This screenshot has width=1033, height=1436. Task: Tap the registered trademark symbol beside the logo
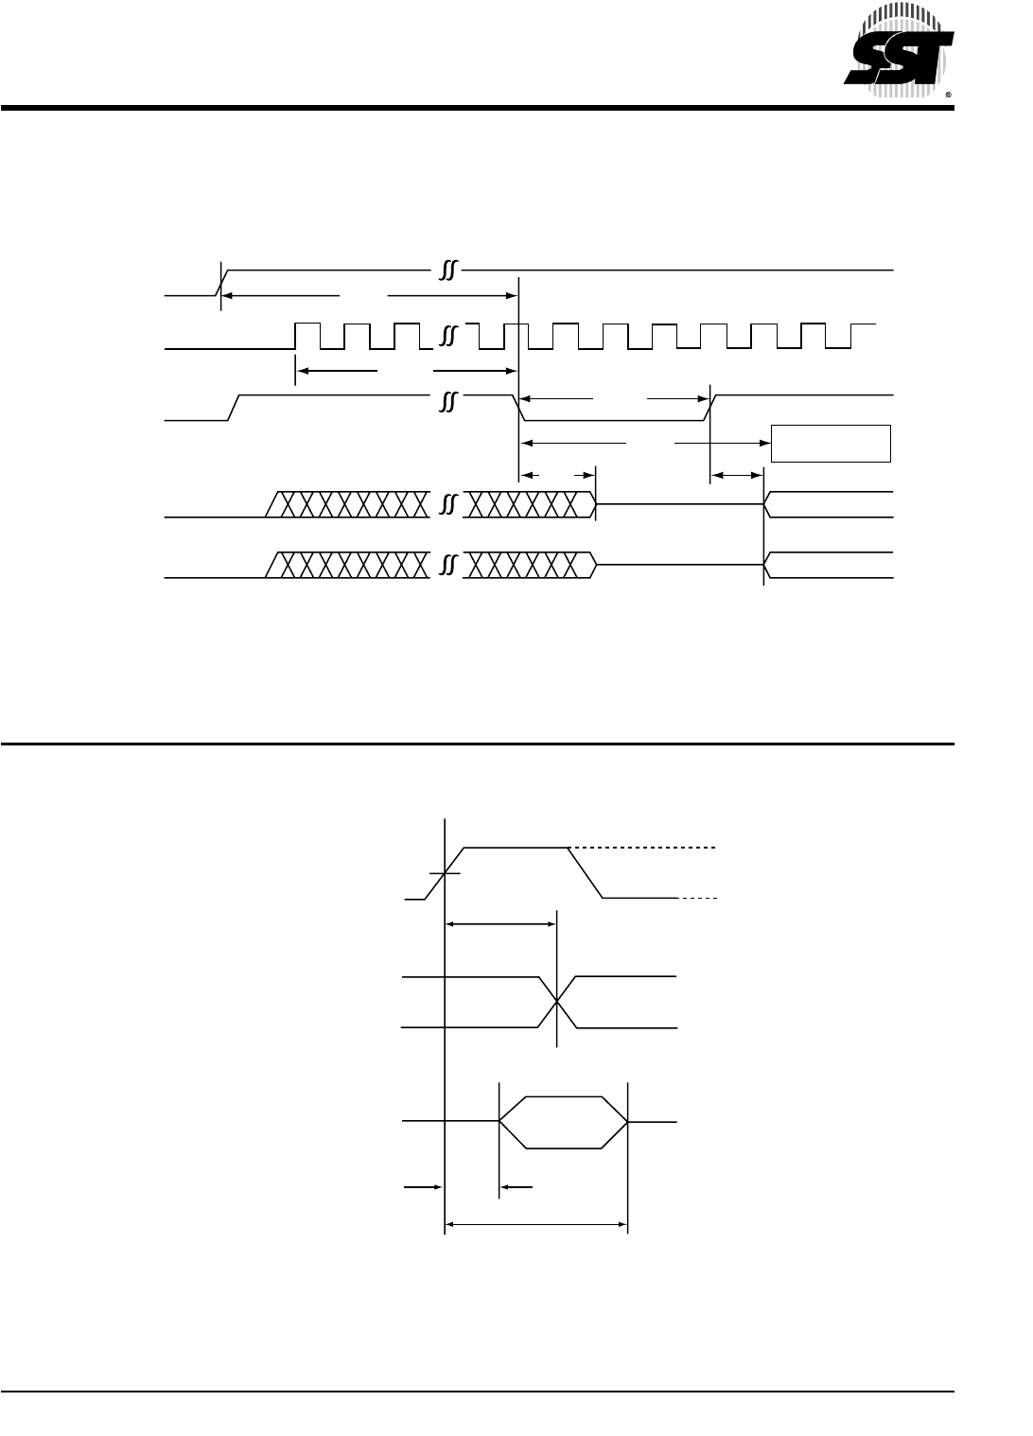coord(948,96)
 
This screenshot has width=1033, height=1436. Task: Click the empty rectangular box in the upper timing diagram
coord(831,443)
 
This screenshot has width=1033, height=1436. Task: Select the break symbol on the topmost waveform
coord(448,271)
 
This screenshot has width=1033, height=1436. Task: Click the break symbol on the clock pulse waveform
coord(448,337)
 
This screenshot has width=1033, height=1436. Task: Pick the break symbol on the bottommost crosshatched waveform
coord(448,565)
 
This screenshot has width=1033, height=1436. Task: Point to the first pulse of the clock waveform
coord(307,337)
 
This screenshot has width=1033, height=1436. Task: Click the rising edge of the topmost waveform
coord(220,282)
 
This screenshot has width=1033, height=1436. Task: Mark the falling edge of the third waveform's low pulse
coord(519,406)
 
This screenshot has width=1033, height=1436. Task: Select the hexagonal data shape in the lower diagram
coord(563,1123)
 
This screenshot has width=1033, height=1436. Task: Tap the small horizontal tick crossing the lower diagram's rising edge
coord(444,873)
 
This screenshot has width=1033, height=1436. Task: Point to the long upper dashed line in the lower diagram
coord(643,848)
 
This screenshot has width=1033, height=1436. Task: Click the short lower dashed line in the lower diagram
coord(700,897)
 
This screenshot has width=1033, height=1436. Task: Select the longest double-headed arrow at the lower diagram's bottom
coord(535,1225)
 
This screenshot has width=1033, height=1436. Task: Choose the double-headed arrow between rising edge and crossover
coord(500,924)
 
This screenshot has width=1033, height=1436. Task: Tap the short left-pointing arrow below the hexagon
coord(516,1185)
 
